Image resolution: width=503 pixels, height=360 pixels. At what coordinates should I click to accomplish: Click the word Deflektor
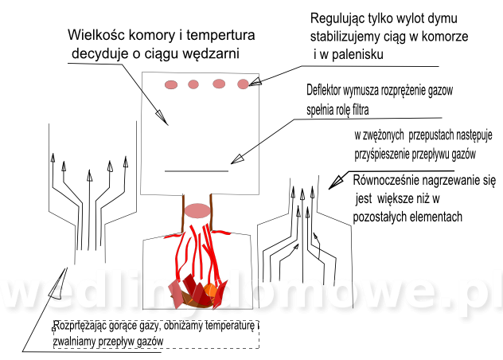coord(323,90)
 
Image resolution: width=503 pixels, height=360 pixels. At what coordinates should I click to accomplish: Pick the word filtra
coord(361,110)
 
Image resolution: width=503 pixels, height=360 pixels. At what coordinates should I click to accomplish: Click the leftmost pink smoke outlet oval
coord(171,84)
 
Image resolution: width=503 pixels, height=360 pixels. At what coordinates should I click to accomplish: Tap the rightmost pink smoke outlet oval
coord(244,84)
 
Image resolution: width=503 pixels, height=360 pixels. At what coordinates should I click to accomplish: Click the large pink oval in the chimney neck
coord(197,211)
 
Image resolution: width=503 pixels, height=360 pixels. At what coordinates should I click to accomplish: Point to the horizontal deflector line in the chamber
coord(197,171)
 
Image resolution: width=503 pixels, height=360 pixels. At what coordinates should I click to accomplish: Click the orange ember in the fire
coord(210,291)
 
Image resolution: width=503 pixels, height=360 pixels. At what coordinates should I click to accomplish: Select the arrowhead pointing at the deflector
coord(236,159)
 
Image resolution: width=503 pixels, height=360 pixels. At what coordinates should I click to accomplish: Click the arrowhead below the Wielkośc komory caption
coord(162,118)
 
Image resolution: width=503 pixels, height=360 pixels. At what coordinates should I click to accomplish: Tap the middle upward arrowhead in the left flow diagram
coord(89,175)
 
